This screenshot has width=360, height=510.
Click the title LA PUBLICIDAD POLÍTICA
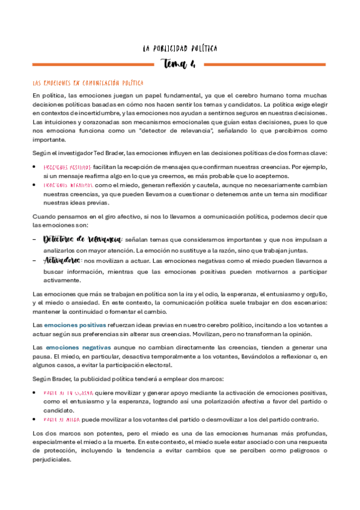click(180, 48)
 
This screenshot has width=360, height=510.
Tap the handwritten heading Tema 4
click(179, 64)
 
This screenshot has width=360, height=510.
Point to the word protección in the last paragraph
click(50, 451)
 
